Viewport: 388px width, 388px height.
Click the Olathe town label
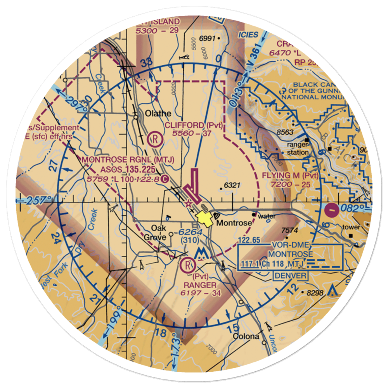pos(158,114)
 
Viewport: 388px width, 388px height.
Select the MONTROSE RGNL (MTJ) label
pos(128,160)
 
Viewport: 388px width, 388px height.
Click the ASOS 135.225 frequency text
pos(128,170)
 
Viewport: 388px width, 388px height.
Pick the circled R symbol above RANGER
pos(188,266)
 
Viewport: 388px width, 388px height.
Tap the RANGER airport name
pos(201,285)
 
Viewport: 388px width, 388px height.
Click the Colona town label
pos(246,336)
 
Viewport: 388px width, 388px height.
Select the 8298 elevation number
pos(314,293)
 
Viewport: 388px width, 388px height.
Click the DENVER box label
pos(290,276)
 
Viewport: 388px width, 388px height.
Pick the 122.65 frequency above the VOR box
pos(250,241)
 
